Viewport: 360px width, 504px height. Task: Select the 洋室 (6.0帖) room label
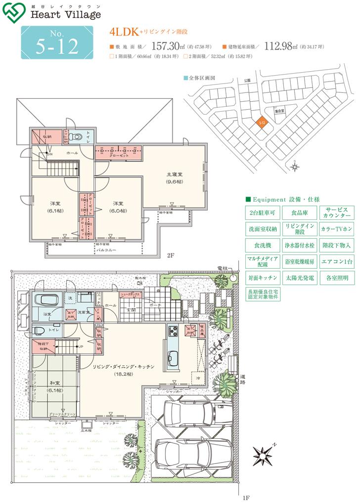coord(118,207)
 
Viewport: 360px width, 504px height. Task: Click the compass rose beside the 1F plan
coord(263,453)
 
